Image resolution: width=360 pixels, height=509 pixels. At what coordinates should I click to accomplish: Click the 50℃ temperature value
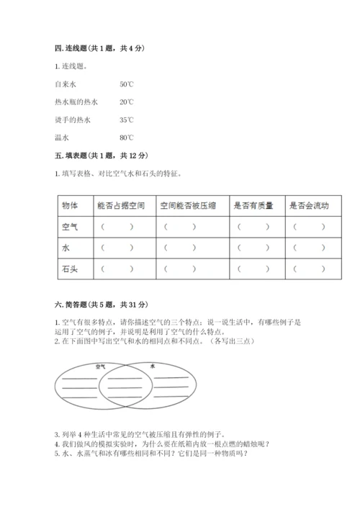pyautogui.click(x=127, y=84)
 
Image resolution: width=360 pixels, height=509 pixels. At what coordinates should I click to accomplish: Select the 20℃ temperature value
pyautogui.click(x=127, y=102)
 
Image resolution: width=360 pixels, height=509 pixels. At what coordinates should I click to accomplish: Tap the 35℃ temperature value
pyautogui.click(x=127, y=120)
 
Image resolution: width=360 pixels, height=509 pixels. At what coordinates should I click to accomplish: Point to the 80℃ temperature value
pyautogui.click(x=127, y=138)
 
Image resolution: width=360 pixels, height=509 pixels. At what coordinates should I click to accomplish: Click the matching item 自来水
pyautogui.click(x=66, y=84)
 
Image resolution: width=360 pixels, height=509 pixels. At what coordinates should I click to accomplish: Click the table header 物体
pyautogui.click(x=71, y=205)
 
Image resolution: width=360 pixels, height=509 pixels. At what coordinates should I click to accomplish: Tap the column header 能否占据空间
pyautogui.click(x=121, y=205)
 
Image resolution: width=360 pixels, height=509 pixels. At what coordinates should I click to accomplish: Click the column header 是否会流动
pyautogui.click(x=309, y=205)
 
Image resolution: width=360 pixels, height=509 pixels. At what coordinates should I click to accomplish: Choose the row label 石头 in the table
pyautogui.click(x=71, y=269)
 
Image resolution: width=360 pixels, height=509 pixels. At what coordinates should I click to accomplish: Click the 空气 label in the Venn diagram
pyautogui.click(x=101, y=366)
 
